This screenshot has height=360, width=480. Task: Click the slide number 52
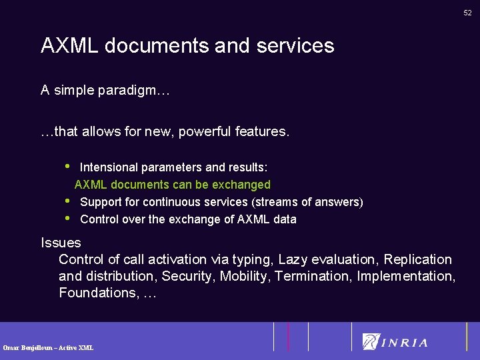pyautogui.click(x=468, y=12)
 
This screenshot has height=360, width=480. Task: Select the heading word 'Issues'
pyautogui.click(x=61, y=243)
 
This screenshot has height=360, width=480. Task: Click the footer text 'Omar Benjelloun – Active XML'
pyautogui.click(x=48, y=347)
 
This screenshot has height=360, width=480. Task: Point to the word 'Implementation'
pyautogui.click(x=405, y=276)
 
